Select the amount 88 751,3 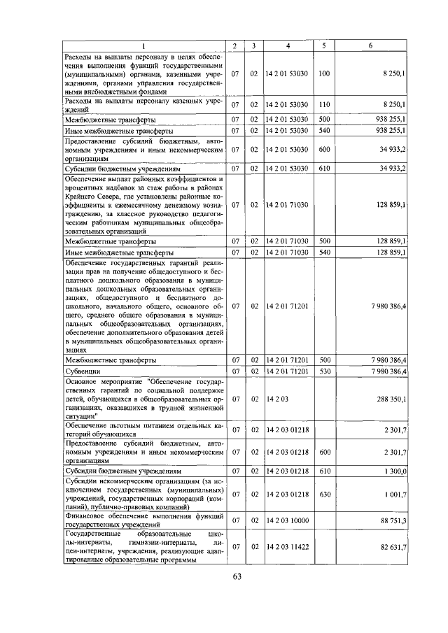pos(393,520)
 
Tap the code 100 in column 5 pos(324,73)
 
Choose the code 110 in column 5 pos(324,104)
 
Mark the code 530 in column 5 pos(324,371)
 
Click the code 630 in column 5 pos(324,495)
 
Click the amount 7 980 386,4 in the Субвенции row pos(388,371)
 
